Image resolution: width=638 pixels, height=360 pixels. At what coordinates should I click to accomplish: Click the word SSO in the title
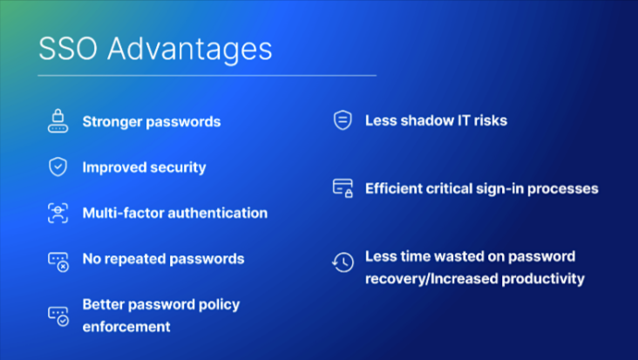(68, 49)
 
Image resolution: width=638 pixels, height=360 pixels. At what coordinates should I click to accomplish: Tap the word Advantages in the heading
(190, 51)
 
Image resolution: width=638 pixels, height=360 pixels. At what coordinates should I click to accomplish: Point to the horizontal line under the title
(207, 76)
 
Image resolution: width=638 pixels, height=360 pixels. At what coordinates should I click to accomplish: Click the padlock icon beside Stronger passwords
(58, 121)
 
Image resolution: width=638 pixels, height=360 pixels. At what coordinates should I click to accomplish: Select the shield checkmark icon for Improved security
(58, 166)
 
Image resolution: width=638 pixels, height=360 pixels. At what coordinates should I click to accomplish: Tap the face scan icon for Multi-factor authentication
(58, 214)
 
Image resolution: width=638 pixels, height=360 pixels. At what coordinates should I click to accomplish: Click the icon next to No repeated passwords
(58, 262)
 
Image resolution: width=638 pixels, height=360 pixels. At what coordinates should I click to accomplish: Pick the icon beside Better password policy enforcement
(58, 316)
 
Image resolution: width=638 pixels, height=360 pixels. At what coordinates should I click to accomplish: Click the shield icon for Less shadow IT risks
(343, 120)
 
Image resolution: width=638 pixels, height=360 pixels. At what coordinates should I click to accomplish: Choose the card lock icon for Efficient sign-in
(343, 188)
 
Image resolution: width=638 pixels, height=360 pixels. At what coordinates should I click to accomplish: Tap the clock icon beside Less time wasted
(343, 262)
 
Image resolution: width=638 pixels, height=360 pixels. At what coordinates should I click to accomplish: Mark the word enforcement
(126, 327)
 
